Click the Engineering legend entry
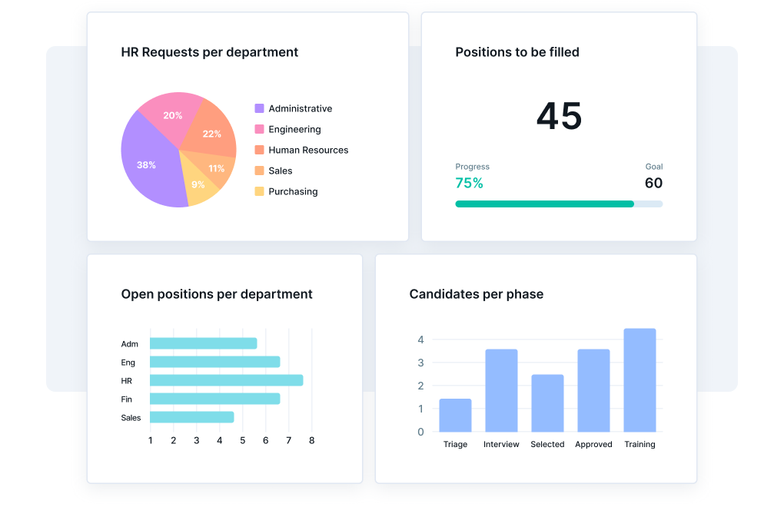(x=294, y=129)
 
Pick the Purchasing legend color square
(x=259, y=191)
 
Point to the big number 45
(x=559, y=117)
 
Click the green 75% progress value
(x=469, y=183)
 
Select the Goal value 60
(x=653, y=183)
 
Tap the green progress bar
(x=544, y=204)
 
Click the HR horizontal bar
(x=226, y=380)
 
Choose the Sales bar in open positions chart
(x=191, y=417)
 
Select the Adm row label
(x=130, y=344)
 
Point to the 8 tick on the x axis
(x=312, y=440)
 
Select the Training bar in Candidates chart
(x=639, y=380)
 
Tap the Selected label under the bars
(x=547, y=444)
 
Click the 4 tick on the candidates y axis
(x=420, y=340)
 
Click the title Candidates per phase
(x=476, y=294)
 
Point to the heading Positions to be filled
(x=517, y=52)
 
